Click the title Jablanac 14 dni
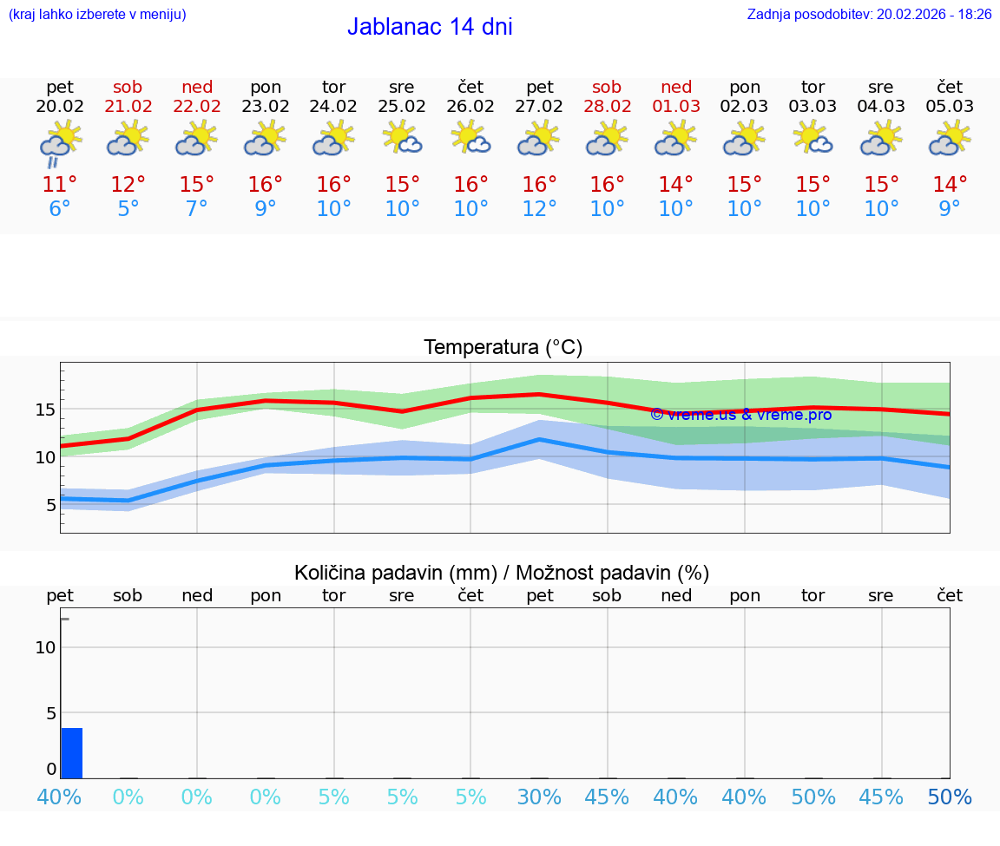pyautogui.click(x=430, y=27)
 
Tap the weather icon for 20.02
pyautogui.click(x=60, y=142)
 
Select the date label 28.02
pyautogui.click(x=607, y=107)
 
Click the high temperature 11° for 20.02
pyautogui.click(x=60, y=185)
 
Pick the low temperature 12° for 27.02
pyautogui.click(x=539, y=209)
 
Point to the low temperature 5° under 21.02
pyautogui.click(x=128, y=209)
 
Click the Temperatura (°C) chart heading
pyautogui.click(x=503, y=348)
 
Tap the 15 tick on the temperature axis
pyautogui.click(x=46, y=410)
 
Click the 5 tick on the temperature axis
pyautogui.click(x=51, y=505)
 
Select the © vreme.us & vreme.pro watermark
pyautogui.click(x=740, y=415)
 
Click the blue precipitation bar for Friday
pyautogui.click(x=72, y=753)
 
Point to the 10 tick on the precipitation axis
pyautogui.click(x=46, y=647)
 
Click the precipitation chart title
pyautogui.click(x=502, y=573)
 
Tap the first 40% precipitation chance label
pyautogui.click(x=60, y=797)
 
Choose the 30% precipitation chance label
pyautogui.click(x=539, y=797)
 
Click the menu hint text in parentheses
pyautogui.click(x=97, y=14)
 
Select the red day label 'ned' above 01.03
pyautogui.click(x=676, y=87)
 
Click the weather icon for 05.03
pyautogui.click(x=950, y=139)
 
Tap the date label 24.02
pyautogui.click(x=334, y=107)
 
